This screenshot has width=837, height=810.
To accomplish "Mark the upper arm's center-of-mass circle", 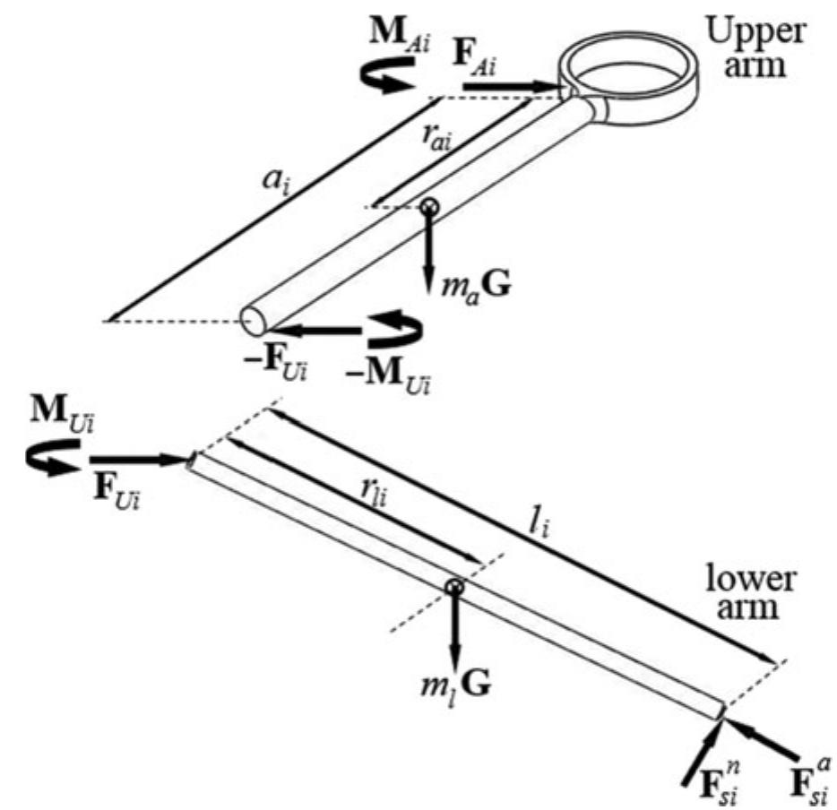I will [430, 207].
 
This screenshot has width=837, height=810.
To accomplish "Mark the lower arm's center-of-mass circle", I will [454, 587].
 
